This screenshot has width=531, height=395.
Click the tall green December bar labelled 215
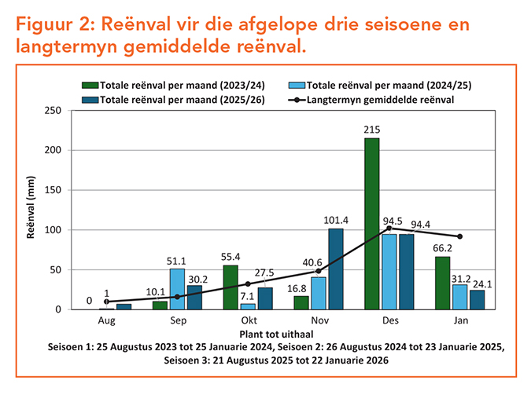372,224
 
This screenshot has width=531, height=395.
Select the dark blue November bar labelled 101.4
335,269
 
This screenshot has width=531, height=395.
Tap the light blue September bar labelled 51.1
177,289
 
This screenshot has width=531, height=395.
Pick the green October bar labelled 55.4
231,287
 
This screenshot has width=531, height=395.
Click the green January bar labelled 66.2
442,283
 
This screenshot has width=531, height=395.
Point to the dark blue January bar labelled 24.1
476,300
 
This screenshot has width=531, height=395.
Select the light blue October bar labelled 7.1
248,306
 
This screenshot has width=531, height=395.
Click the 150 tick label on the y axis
53,190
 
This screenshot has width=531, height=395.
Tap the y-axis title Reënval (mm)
31,210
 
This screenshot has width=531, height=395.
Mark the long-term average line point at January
459,236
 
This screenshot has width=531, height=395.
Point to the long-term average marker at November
318,271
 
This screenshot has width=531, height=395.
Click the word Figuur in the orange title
48,25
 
